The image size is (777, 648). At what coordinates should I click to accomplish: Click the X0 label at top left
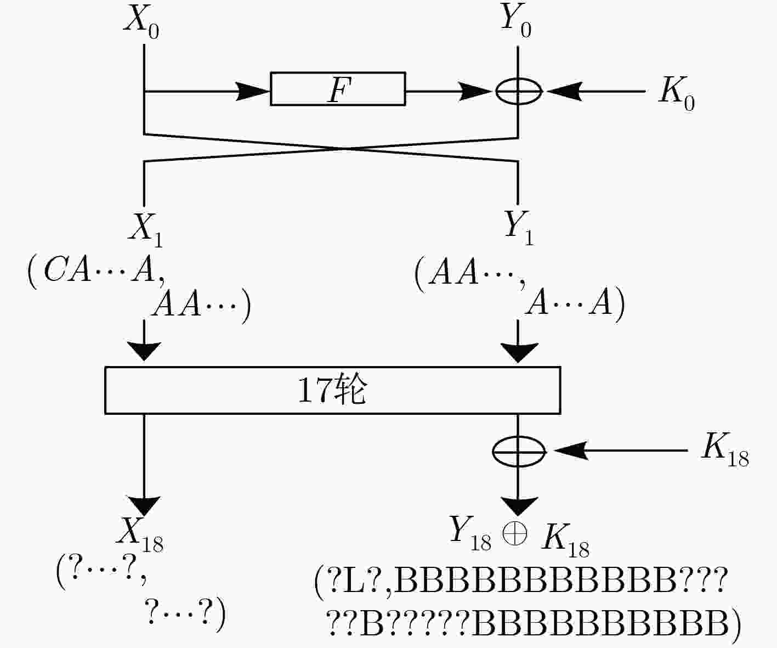tap(142, 21)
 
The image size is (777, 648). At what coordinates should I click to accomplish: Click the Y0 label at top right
tap(516, 20)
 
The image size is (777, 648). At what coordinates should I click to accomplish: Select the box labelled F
tap(338, 89)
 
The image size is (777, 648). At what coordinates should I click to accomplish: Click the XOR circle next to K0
tap(518, 91)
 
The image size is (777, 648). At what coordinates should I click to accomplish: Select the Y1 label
tap(519, 228)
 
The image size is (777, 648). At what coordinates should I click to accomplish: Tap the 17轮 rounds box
tap(333, 390)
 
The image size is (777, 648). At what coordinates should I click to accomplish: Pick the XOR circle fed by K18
tap(519, 451)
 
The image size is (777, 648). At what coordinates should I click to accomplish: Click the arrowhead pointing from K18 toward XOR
tap(571, 450)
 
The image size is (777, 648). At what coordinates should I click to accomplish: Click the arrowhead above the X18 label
tap(144, 506)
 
